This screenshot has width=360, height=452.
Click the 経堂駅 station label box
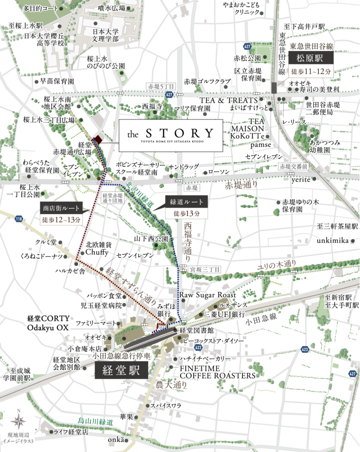[121, 371]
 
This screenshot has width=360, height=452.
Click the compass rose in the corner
[19, 419]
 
